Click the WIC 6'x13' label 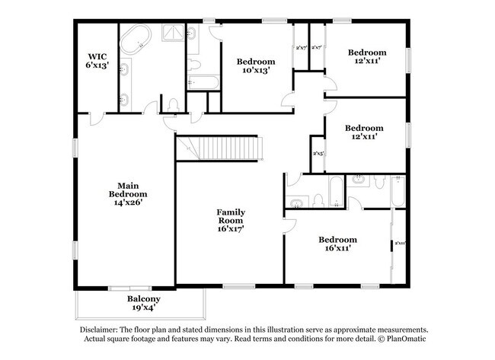[x=97, y=60]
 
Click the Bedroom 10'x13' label [x=255, y=65]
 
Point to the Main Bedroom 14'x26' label [x=126, y=193]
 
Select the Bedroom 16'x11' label [x=337, y=244]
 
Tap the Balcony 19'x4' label [x=143, y=304]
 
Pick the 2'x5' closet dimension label [x=319, y=153]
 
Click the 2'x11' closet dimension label [x=399, y=244]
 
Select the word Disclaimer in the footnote [x=101, y=328]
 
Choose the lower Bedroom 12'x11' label [x=363, y=132]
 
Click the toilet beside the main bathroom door [x=173, y=104]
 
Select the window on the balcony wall [x=120, y=288]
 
